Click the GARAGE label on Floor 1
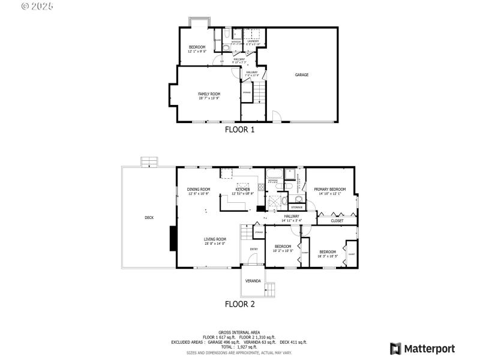click(301, 75)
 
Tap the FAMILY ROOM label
click(209, 94)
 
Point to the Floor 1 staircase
click(258, 93)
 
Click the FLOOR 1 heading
click(239, 129)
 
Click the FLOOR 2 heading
click(239, 304)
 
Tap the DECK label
click(149, 217)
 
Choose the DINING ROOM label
click(198, 189)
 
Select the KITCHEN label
click(242, 189)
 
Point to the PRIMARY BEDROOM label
click(329, 190)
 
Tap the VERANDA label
click(253, 281)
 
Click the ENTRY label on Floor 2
click(253, 249)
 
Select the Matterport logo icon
click(395, 349)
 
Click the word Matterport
click(429, 349)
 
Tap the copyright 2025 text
click(37, 7)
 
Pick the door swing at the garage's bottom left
click(277, 116)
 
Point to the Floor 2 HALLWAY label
click(292, 216)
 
